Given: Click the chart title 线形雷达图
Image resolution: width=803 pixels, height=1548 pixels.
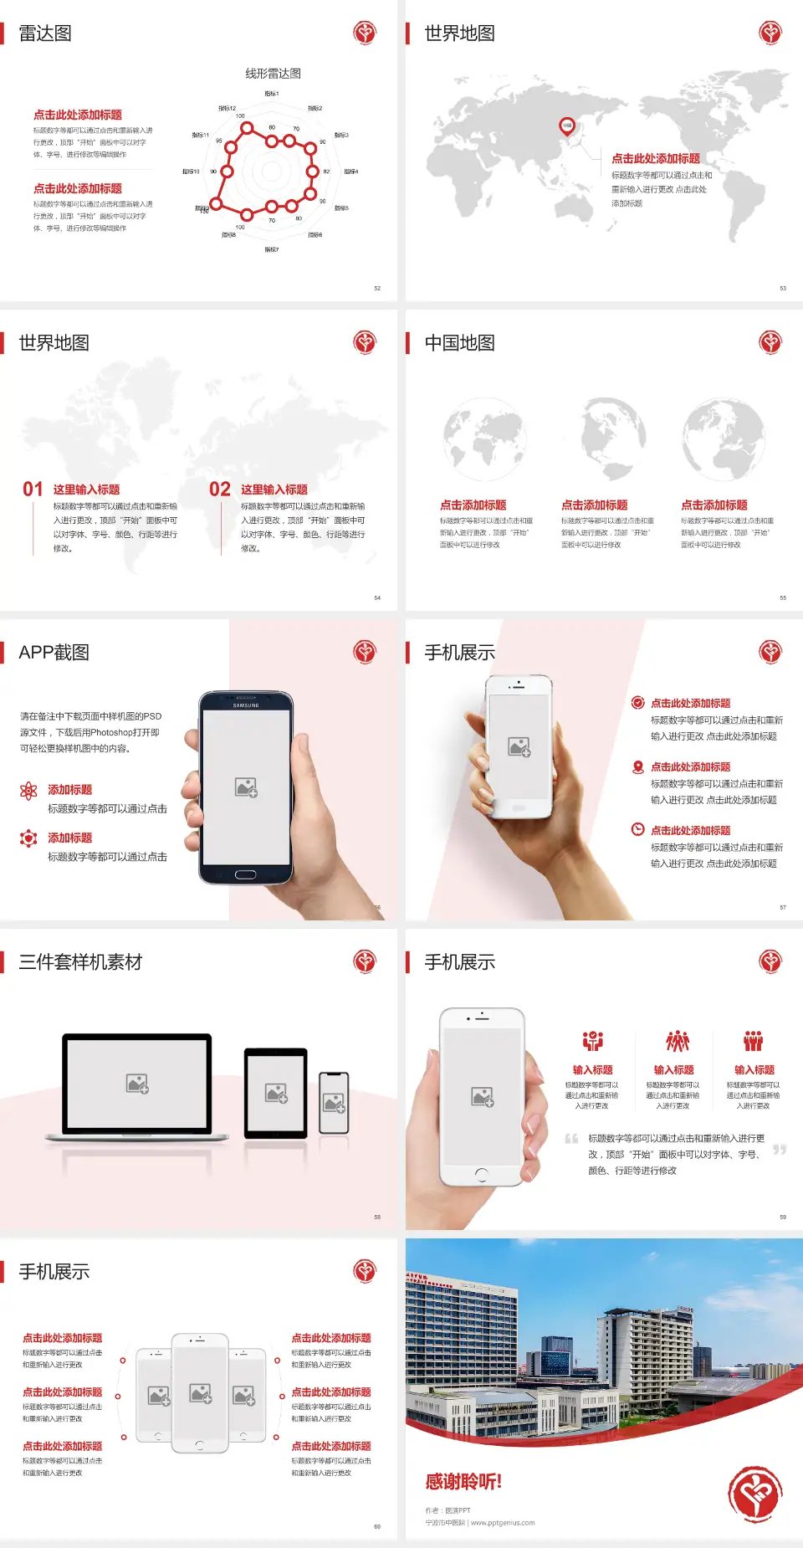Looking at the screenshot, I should click(273, 74).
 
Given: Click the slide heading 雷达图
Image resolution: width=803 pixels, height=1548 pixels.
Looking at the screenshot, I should click(45, 33).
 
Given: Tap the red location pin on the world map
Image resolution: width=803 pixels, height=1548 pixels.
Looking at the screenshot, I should click(567, 126).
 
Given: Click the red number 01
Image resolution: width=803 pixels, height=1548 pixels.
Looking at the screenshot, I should click(33, 489).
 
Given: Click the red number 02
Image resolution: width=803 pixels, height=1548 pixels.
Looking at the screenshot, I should click(220, 489).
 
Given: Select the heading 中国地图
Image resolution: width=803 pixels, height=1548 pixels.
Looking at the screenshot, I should click(459, 343).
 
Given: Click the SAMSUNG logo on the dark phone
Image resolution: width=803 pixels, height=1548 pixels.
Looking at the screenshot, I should click(246, 705).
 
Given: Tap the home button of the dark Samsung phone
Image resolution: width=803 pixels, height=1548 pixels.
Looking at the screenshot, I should click(245, 874).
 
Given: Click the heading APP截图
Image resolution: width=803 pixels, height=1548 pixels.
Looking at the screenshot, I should click(54, 653).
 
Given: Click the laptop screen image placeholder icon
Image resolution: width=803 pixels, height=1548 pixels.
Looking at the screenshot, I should click(137, 1084).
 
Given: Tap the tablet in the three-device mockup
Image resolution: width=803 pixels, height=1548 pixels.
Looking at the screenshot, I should click(276, 1092).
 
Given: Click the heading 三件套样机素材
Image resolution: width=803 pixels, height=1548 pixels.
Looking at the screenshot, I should click(80, 962).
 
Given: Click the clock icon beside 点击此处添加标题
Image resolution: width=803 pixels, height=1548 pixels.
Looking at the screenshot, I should click(637, 829).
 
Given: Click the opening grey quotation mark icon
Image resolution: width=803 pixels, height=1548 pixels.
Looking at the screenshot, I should click(571, 1138).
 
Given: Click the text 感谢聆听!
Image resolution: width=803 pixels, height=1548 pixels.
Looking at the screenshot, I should click(463, 1482).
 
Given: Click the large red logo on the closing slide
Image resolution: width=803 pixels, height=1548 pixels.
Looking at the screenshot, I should click(754, 1494).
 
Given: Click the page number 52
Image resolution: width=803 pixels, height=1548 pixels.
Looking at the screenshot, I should click(377, 288).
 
